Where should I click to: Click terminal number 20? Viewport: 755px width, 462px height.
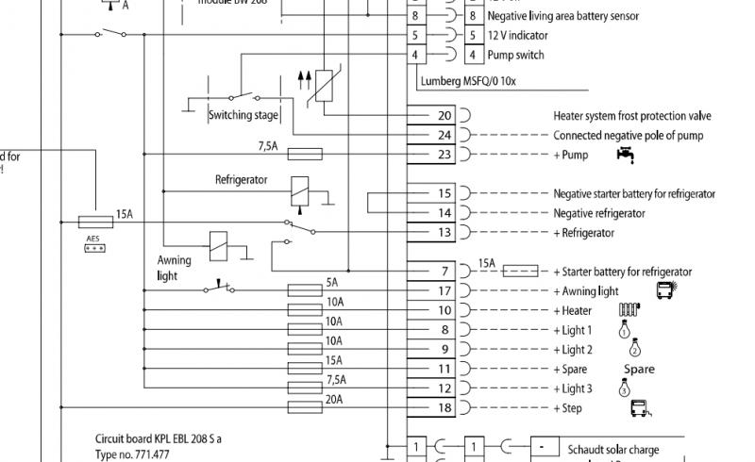pyautogui.click(x=445, y=116)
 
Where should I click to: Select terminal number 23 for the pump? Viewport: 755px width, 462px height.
pyautogui.click(x=445, y=155)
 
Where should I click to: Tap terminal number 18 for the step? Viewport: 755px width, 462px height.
pyautogui.click(x=445, y=408)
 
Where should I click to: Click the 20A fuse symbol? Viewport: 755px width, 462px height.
pyautogui.click(x=304, y=408)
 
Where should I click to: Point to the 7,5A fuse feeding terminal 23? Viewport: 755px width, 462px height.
pyautogui.click(x=304, y=155)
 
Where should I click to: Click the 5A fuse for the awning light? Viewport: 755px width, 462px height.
pyautogui.click(x=304, y=290)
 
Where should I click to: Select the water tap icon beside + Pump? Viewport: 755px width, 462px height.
pyautogui.click(x=624, y=154)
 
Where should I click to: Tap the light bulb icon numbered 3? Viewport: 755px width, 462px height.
pyautogui.click(x=624, y=388)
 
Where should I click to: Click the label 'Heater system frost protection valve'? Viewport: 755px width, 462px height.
pyautogui.click(x=631, y=116)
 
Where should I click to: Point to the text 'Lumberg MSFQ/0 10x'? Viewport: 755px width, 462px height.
pyautogui.click(x=469, y=81)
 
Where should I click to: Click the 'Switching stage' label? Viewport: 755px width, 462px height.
pyautogui.click(x=243, y=115)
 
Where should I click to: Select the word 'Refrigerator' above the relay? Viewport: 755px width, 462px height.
pyautogui.click(x=241, y=179)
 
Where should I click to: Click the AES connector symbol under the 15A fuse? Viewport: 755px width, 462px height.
pyautogui.click(x=93, y=248)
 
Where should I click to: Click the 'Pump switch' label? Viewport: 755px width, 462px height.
pyautogui.click(x=515, y=55)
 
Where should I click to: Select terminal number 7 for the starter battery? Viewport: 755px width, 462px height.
pyautogui.click(x=445, y=272)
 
